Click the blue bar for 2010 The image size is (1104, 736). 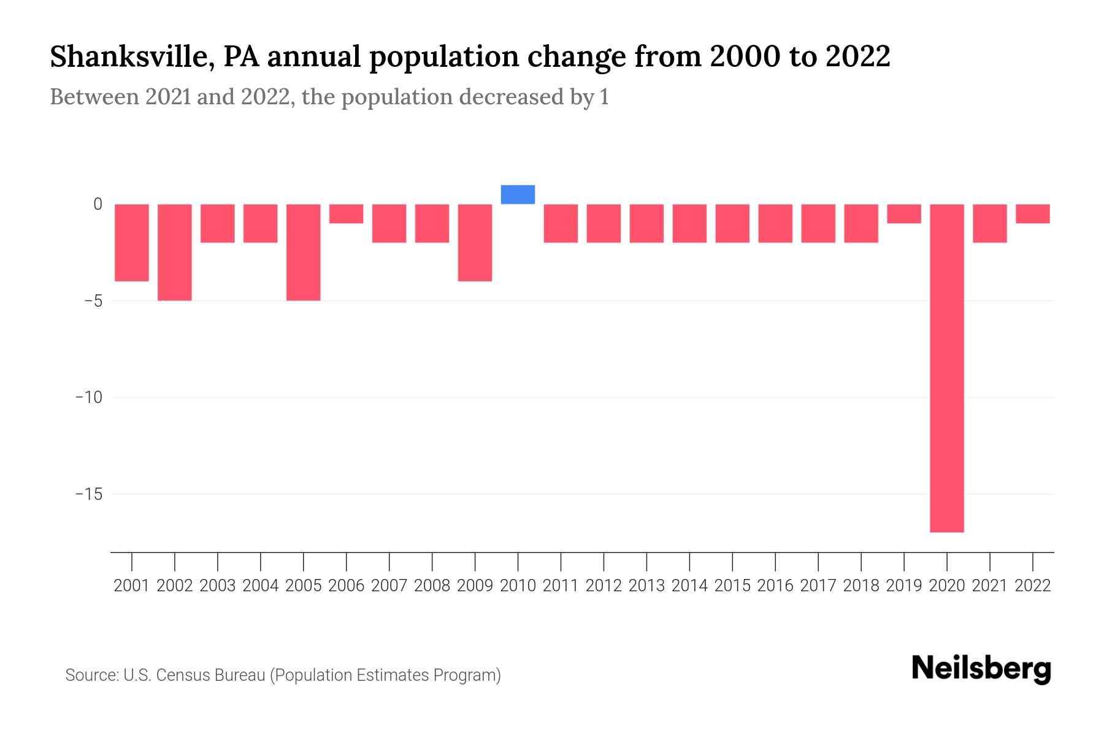click(518, 194)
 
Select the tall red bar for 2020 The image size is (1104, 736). click(947, 368)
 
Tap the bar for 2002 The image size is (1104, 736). click(175, 252)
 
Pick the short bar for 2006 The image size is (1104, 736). click(347, 214)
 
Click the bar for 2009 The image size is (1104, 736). click(475, 243)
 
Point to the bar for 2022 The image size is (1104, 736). click(1033, 214)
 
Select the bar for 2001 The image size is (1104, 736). click(132, 243)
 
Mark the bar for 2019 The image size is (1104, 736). click(904, 214)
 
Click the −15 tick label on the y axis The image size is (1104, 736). click(88, 494)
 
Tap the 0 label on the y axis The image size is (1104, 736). click(98, 204)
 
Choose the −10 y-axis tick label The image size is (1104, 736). click(88, 397)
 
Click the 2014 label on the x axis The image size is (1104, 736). click(689, 586)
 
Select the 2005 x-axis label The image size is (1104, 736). click(304, 586)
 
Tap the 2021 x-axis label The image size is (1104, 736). click(990, 586)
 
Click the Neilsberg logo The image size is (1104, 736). click(981, 669)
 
